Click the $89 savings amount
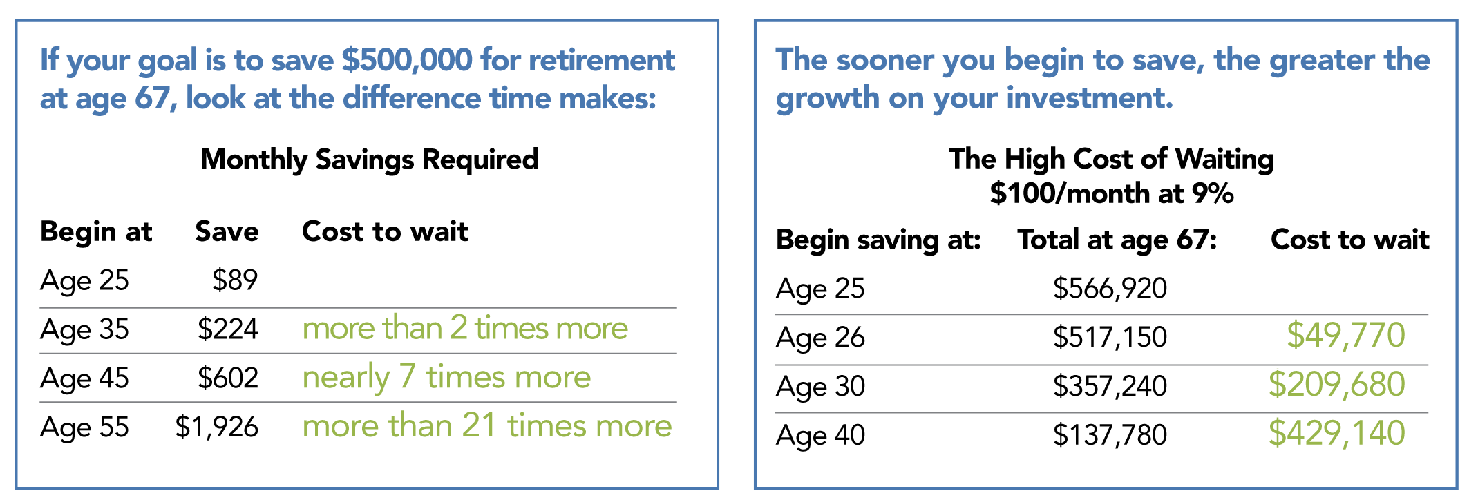234,280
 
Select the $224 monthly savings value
227,329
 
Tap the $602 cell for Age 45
227,378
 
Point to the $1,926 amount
216,427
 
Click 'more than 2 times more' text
465,328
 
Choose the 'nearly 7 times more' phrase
446,378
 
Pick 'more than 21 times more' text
486,426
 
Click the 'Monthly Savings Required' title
369,160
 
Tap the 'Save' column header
227,232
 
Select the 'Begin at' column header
96,232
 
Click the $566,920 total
1110,288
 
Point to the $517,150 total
1110,337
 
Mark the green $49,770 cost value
1345,335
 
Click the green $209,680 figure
1336,384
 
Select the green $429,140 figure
1336,433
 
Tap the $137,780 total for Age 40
1110,435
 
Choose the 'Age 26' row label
820,338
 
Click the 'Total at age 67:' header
1117,240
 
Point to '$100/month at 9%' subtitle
1111,193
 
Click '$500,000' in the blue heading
407,60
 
